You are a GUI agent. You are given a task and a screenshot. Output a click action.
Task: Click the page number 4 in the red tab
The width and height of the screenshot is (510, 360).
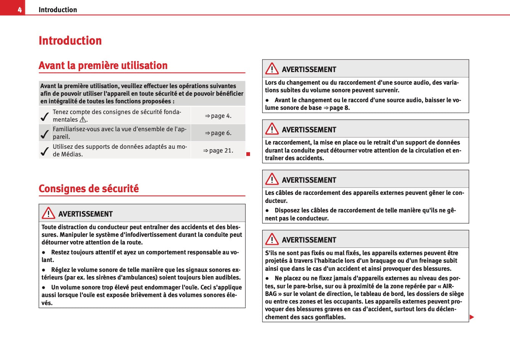pos(19,10)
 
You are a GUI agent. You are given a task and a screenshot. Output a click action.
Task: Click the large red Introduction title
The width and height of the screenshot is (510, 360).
pos(70,40)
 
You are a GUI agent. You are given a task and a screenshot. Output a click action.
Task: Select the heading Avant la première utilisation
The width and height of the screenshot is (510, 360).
pos(103,66)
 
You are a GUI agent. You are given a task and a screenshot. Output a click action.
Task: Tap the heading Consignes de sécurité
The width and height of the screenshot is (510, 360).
pos(88,189)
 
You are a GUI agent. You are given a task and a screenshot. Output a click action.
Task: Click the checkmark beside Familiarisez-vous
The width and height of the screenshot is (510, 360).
pos(45,133)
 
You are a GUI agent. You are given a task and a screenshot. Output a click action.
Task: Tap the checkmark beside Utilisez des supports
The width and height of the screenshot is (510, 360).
pos(45,151)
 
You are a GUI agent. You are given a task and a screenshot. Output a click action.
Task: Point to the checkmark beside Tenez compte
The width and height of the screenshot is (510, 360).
pos(45,116)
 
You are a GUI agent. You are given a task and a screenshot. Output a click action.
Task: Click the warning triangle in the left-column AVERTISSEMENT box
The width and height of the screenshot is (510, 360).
pos(48,213)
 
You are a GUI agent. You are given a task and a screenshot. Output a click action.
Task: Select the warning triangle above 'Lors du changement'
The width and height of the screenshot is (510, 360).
pos(272,69)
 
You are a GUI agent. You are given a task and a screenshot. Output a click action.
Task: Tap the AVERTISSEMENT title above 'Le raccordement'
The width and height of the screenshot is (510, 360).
pos(309,130)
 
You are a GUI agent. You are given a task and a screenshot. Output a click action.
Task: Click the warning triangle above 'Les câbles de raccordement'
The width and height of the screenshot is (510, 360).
pos(272,179)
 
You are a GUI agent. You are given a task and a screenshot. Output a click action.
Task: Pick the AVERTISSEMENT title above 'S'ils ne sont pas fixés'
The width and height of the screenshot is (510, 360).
pos(309,240)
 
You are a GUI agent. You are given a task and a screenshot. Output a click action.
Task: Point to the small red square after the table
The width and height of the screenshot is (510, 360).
pos(248,154)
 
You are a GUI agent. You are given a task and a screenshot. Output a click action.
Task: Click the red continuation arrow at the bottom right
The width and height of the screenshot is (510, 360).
pos(472,317)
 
